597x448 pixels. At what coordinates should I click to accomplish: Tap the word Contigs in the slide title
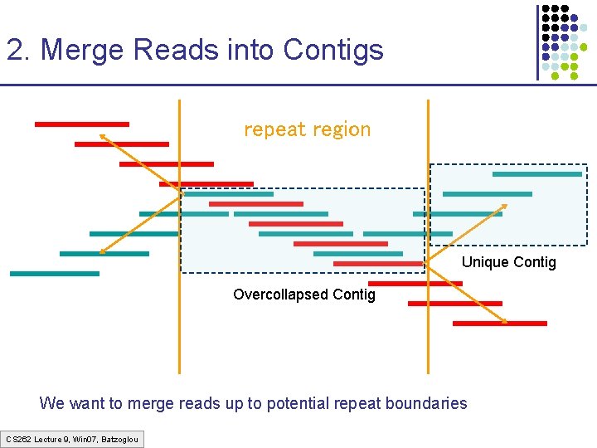coord(332,50)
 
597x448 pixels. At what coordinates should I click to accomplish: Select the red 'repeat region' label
coord(307,129)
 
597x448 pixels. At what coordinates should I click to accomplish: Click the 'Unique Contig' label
coord(508,263)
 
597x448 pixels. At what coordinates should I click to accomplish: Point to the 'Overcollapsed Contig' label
coord(303,295)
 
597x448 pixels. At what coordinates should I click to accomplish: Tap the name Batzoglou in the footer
coord(121,438)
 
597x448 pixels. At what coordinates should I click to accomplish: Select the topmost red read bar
coord(81,124)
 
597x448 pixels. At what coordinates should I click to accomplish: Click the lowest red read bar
coord(499,323)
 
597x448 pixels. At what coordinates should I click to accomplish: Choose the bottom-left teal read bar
coord(54,273)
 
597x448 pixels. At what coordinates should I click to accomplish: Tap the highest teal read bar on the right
coord(536,174)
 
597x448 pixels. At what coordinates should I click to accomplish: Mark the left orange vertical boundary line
coord(179,332)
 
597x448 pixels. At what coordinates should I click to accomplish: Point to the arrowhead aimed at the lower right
coord(503,320)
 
